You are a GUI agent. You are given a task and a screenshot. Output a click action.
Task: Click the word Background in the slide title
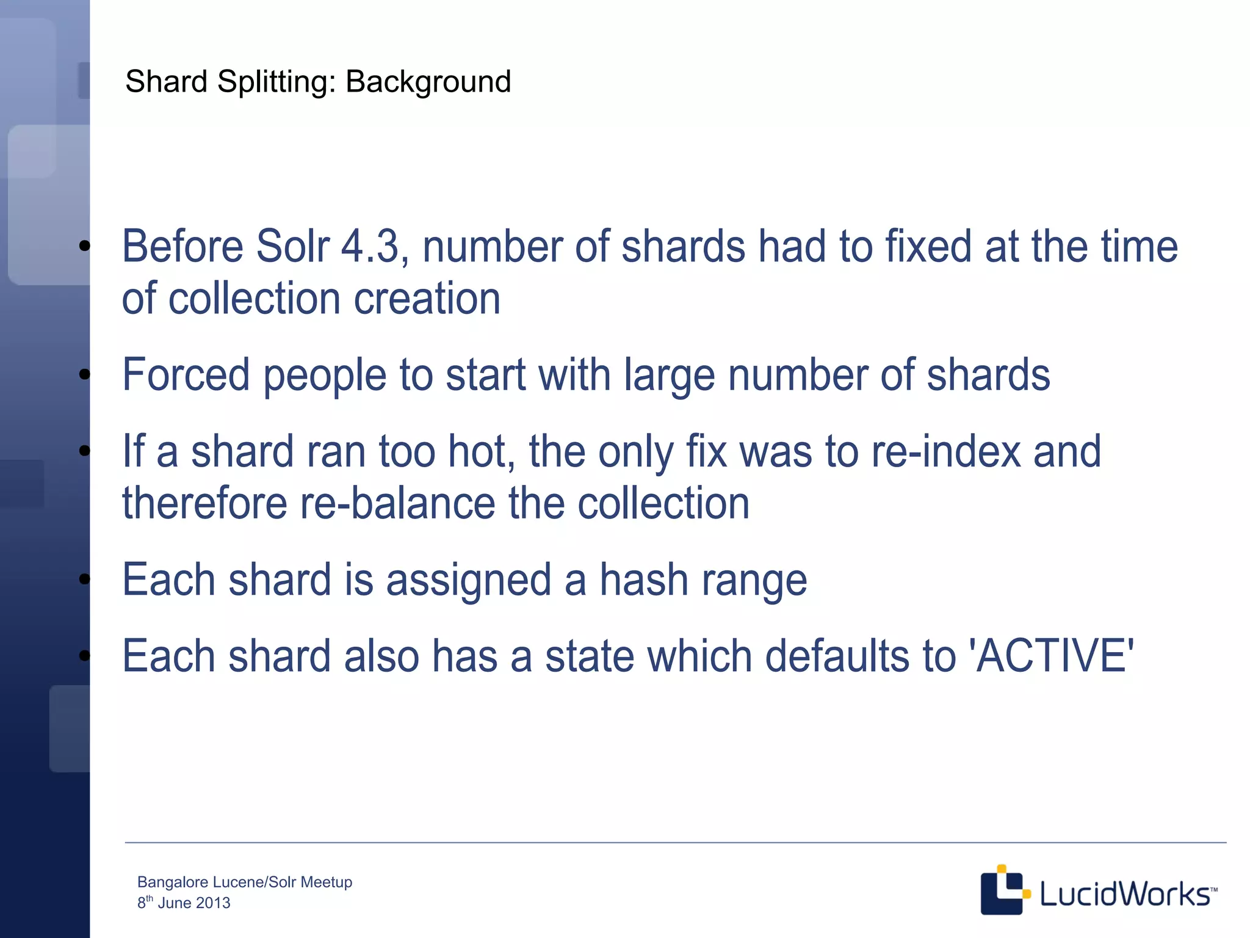[x=428, y=82]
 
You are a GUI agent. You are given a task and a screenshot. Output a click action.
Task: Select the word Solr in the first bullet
[x=292, y=247]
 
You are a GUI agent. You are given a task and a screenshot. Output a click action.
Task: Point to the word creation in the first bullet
[x=427, y=299]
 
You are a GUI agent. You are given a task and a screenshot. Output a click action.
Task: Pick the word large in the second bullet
[x=669, y=375]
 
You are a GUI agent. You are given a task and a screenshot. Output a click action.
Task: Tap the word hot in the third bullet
[x=482, y=452]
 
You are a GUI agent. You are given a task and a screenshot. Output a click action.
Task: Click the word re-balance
[x=397, y=504]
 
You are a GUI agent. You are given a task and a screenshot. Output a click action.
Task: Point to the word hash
[x=644, y=580]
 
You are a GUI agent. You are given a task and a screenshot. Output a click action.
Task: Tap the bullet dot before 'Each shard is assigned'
[x=85, y=578]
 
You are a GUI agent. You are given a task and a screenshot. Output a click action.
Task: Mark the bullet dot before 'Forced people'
[x=85, y=374]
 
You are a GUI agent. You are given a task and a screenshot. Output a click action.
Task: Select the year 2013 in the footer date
[x=213, y=903]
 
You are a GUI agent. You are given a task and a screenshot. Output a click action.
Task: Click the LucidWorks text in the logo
[x=1124, y=894]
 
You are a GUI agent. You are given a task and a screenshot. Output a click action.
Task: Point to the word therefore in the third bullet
[x=204, y=504]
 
